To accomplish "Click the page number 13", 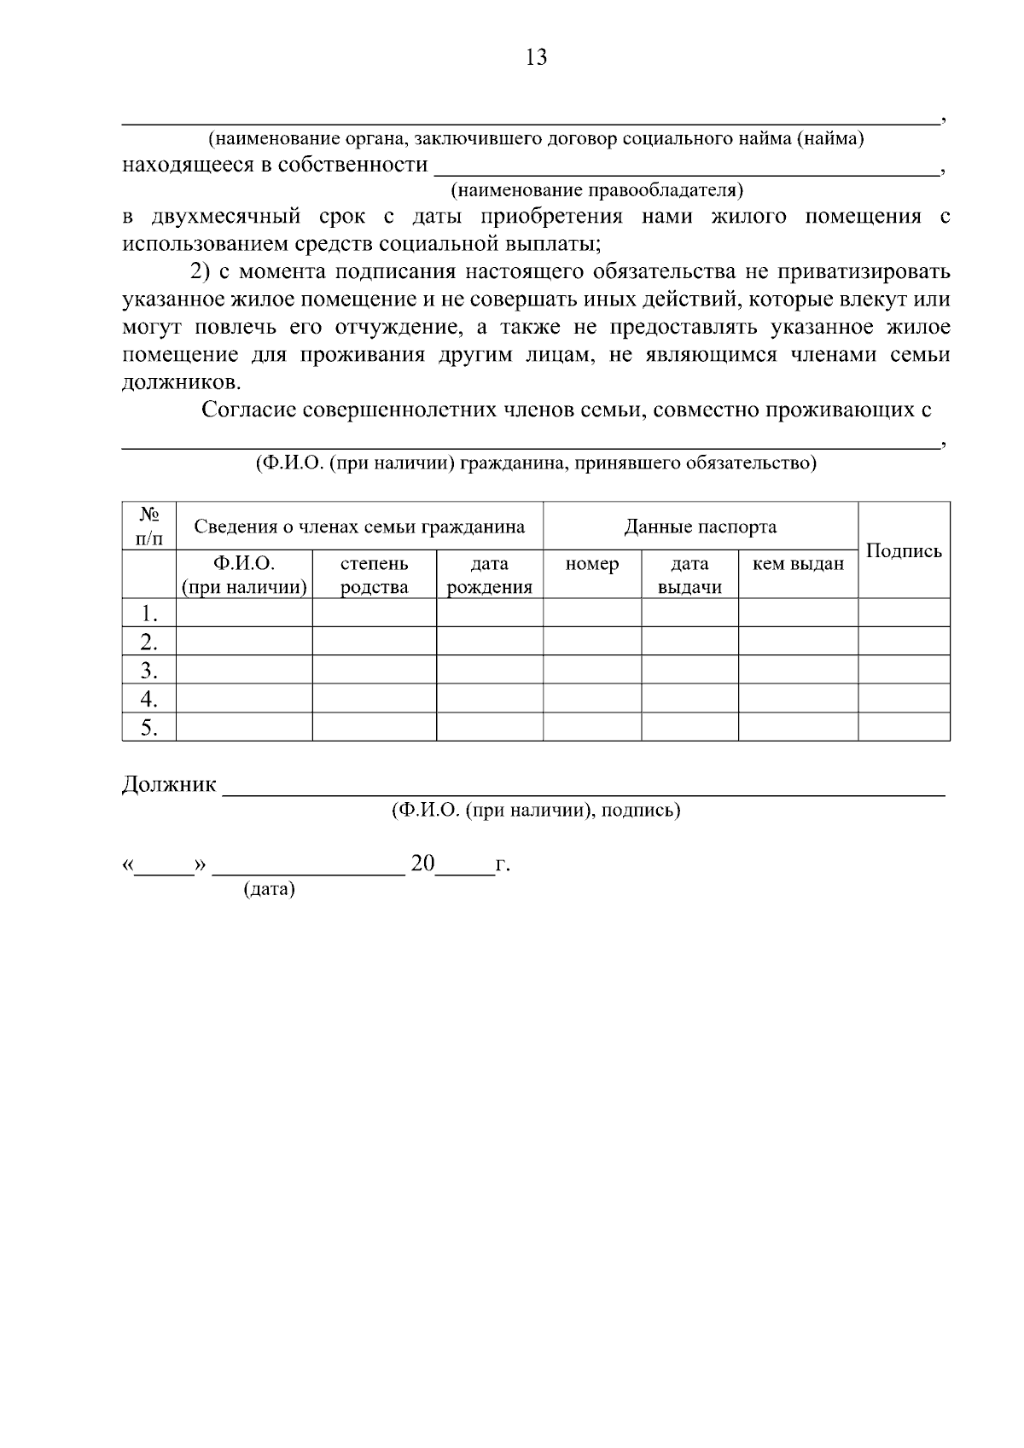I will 536,58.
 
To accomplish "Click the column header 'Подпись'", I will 904,550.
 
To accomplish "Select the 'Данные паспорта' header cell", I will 700,526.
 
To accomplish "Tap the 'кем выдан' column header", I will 798,564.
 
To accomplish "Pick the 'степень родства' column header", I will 374,575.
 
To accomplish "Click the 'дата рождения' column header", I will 489,575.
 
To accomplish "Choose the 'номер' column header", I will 591,564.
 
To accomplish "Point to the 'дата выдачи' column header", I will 689,575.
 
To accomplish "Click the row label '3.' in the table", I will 149,670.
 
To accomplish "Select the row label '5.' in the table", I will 149,728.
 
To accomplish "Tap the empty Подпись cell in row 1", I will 904,613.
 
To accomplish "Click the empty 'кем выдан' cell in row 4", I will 798,699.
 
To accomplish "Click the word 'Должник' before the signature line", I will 169,784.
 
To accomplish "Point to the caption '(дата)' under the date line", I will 269,890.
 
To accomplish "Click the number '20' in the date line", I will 422,864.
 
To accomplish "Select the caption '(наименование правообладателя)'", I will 596,189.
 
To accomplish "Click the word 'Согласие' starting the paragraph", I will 248,410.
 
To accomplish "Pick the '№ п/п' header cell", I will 149,526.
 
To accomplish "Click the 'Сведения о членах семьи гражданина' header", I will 359,526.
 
